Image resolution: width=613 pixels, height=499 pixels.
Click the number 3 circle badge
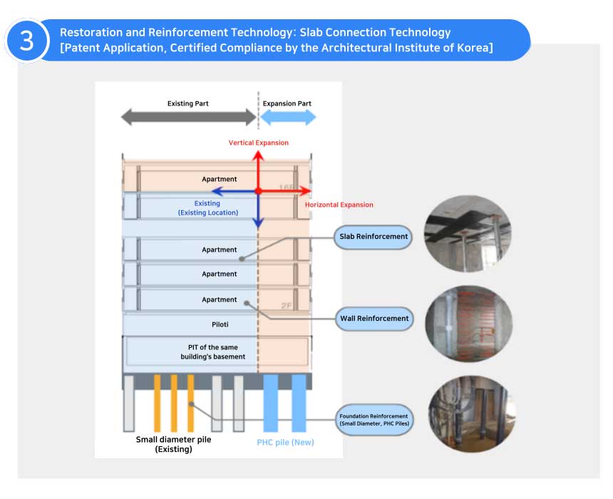26,41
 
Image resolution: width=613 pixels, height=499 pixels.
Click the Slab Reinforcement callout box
374,237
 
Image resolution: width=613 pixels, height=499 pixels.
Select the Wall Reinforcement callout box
374,318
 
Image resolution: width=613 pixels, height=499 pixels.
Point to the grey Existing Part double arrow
188,118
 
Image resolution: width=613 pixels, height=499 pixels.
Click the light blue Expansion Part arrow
287,118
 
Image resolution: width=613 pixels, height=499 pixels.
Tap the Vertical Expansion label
259,143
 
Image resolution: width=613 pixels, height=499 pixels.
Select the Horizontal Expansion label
339,205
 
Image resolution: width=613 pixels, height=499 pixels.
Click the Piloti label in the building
219,324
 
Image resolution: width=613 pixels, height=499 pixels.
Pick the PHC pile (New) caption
285,443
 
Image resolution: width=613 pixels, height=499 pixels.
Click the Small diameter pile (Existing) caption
173,444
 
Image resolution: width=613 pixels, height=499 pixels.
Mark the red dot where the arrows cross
259,191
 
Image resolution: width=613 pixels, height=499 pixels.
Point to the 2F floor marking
287,305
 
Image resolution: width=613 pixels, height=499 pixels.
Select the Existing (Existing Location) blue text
207,208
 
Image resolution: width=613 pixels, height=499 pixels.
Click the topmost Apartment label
219,180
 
